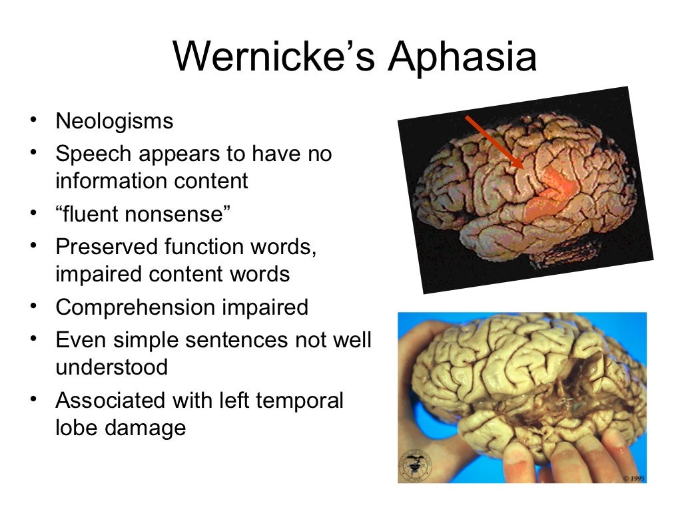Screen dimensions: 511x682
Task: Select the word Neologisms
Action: click(114, 121)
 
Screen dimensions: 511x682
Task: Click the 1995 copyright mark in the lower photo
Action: click(633, 478)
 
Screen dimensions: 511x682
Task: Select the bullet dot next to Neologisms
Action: click(32, 120)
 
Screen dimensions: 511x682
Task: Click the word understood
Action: click(111, 367)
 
